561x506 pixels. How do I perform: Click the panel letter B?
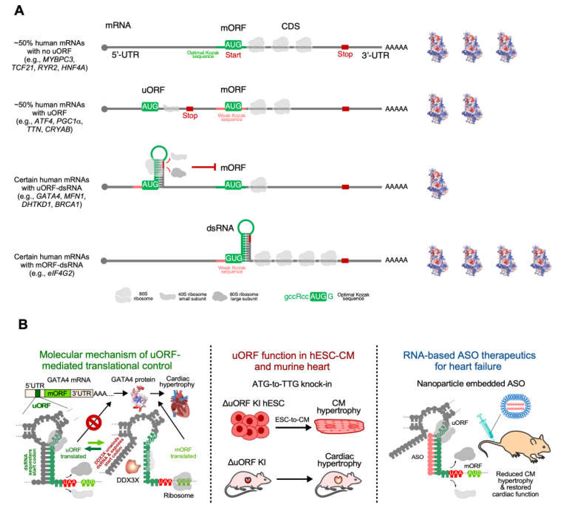click(23, 324)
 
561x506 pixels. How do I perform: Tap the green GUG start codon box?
click(234, 258)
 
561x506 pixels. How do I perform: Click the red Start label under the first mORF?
click(233, 55)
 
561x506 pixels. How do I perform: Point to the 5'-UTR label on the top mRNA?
click(125, 55)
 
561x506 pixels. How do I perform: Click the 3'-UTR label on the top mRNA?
click(375, 55)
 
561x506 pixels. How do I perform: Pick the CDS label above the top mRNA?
click(290, 26)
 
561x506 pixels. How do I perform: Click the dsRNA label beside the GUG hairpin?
click(220, 228)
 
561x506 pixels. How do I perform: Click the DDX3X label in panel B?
click(128, 480)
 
